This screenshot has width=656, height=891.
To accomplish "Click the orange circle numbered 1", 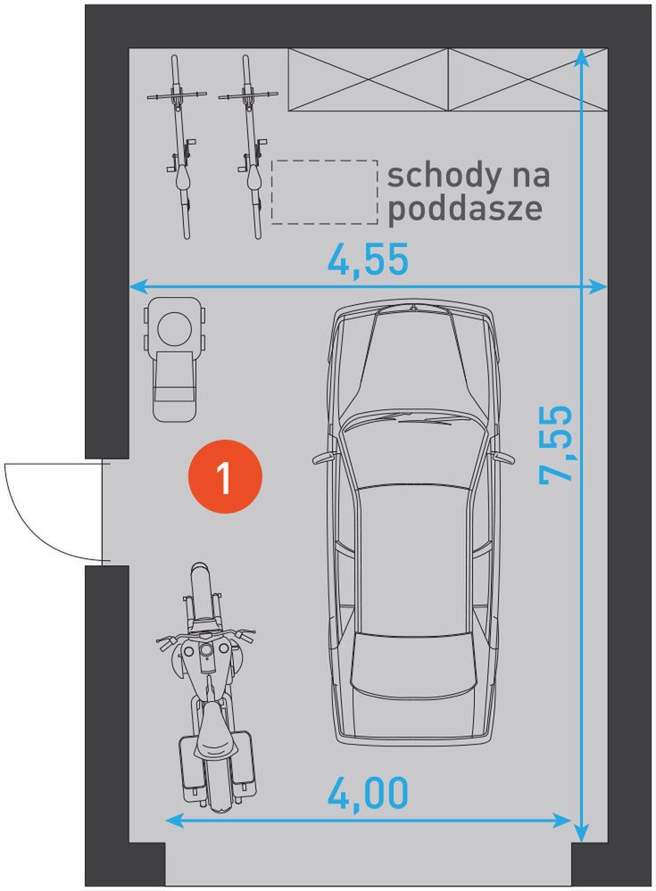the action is pyautogui.click(x=225, y=476).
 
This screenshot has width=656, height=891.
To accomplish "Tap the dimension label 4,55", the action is pyautogui.click(x=368, y=260).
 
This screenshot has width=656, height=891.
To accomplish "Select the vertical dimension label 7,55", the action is pyautogui.click(x=556, y=444).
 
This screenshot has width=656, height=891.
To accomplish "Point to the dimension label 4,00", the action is pyautogui.click(x=368, y=792).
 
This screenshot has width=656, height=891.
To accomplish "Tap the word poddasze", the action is pyautogui.click(x=464, y=209).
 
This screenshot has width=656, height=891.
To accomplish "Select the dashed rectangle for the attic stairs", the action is pyautogui.click(x=325, y=192).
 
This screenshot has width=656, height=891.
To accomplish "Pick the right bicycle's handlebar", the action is pyautogui.click(x=248, y=95).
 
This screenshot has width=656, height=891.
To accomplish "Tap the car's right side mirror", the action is pyautogui.click(x=504, y=458).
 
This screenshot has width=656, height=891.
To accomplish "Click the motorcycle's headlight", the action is pyautogui.click(x=205, y=649).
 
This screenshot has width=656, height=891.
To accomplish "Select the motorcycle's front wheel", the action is pyautogui.click(x=200, y=591).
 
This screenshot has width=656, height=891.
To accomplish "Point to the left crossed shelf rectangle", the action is pyautogui.click(x=369, y=79).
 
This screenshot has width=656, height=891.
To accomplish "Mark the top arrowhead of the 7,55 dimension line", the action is pyautogui.click(x=580, y=57).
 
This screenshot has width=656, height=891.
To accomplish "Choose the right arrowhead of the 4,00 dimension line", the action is pyautogui.click(x=563, y=821).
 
